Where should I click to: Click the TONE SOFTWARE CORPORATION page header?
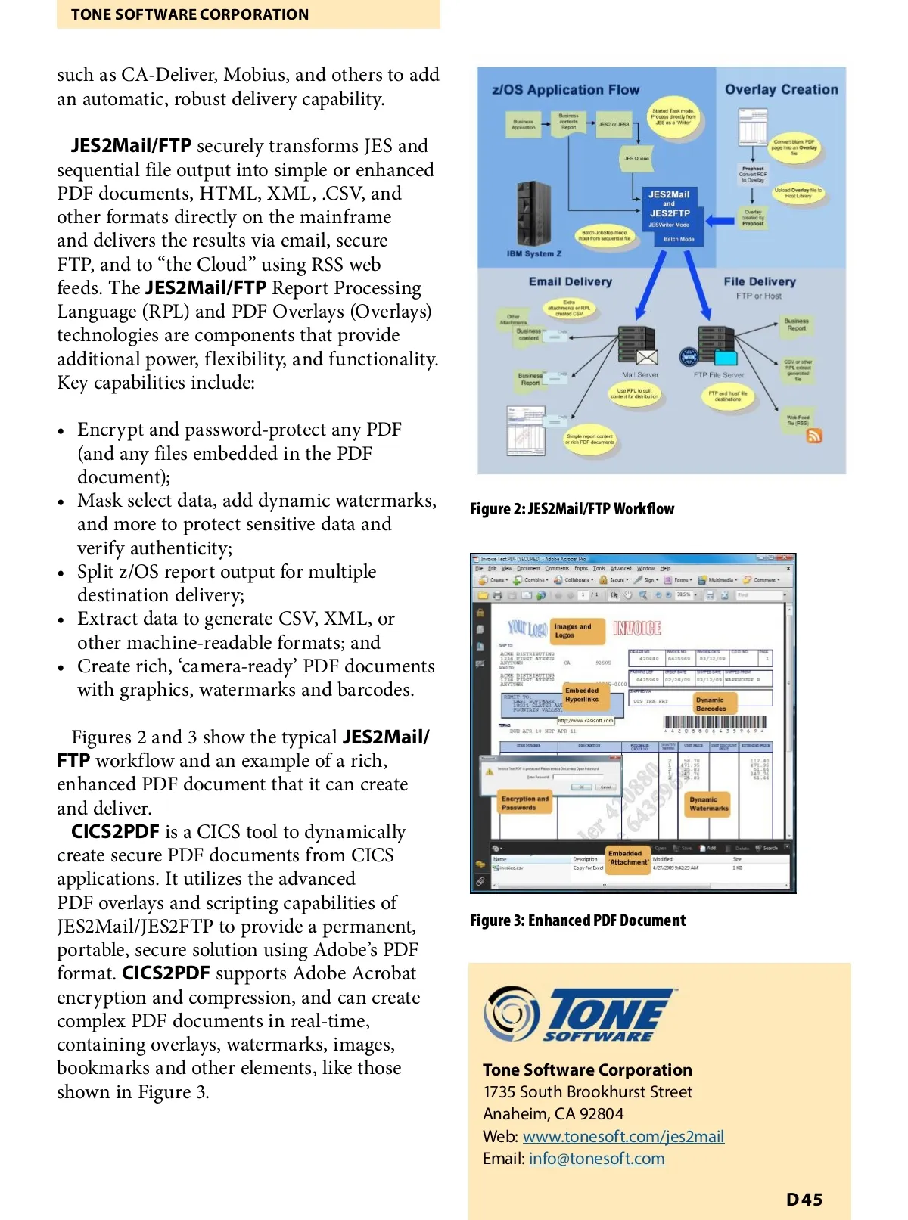pos(190,14)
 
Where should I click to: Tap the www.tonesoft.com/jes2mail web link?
pos(623,1136)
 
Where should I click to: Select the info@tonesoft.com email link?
pos(596,1158)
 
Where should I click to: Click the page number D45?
pos(804,1199)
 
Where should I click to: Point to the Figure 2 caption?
pos(571,509)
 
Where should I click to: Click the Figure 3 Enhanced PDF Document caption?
pos(577,920)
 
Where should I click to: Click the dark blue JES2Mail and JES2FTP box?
pos(670,216)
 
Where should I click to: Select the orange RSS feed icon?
pos(814,436)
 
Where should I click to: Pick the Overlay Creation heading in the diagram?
pos(781,89)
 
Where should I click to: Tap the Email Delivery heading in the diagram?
pos(570,281)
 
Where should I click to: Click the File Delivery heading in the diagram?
pos(759,281)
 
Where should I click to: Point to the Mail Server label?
pos(639,374)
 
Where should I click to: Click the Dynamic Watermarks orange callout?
pos(709,804)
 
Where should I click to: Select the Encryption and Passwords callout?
pos(524,803)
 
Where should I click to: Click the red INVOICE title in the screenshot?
pos(636,628)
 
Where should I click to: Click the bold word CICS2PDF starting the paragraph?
pos(115,832)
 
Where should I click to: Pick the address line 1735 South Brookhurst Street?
pos(587,1091)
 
